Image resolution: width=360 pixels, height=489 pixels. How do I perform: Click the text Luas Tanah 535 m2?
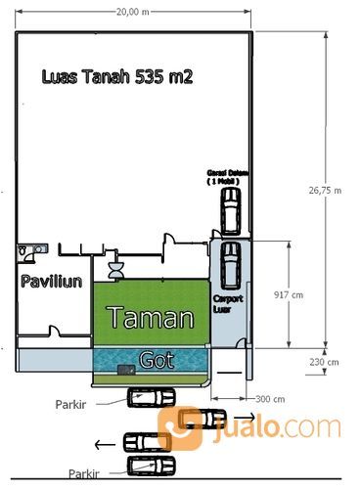[115, 76]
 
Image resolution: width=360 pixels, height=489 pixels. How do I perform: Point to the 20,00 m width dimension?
[132, 12]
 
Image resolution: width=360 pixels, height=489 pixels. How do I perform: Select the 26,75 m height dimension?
[330, 190]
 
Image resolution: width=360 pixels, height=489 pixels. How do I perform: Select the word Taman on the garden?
[149, 318]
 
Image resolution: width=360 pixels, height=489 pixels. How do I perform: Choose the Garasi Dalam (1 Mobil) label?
[227, 176]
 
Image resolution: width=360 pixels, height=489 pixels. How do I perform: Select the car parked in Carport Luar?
[230, 261]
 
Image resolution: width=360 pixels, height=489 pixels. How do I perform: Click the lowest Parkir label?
[83, 473]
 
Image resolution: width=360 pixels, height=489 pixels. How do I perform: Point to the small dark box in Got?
[125, 370]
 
